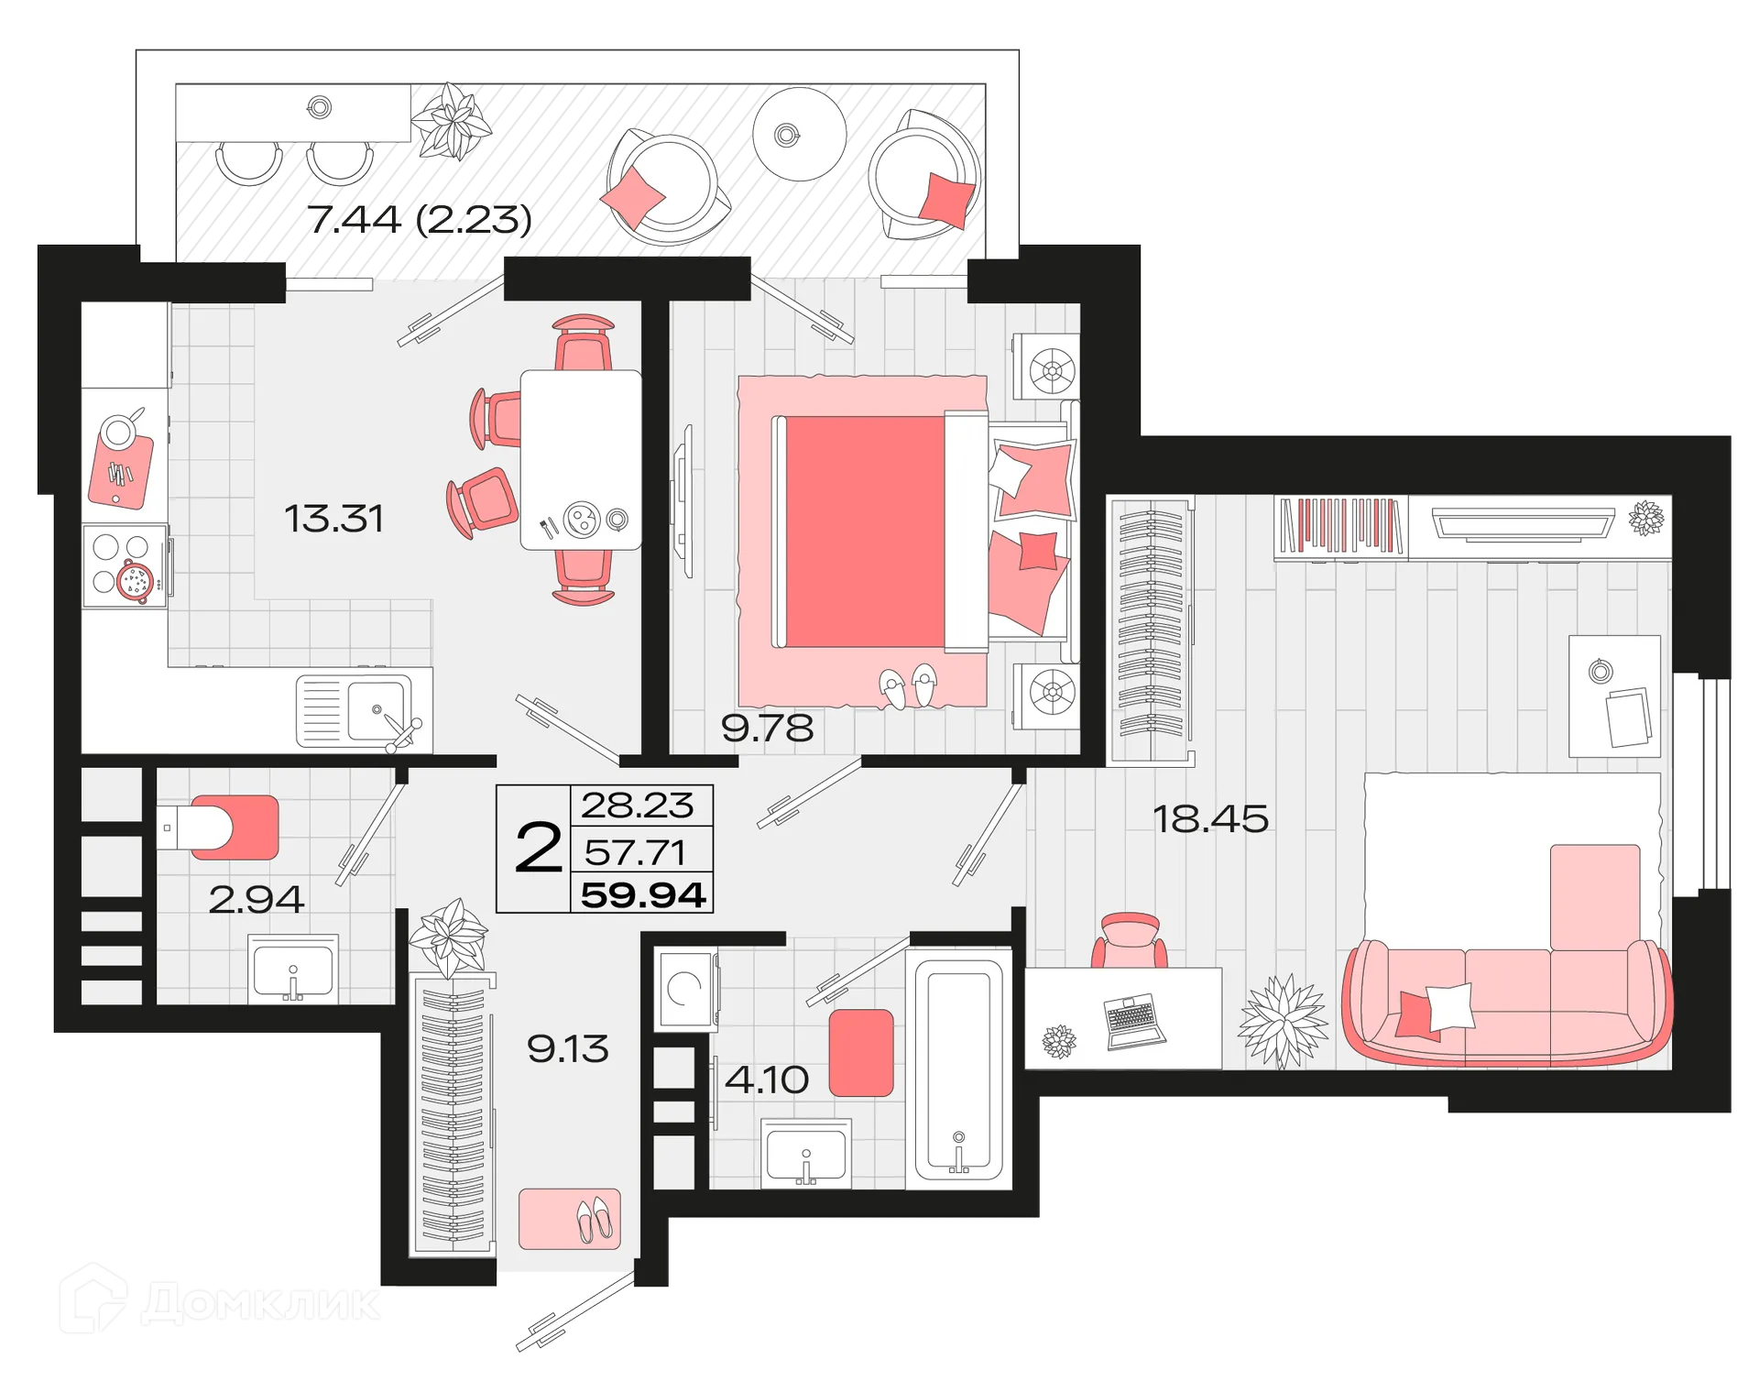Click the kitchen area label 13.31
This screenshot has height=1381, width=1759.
333,519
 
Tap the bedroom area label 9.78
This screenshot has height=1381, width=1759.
767,729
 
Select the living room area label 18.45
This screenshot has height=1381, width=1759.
1210,819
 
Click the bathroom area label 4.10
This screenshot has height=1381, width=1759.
766,1080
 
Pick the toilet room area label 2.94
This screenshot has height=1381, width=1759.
256,900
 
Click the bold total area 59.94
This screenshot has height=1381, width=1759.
643,894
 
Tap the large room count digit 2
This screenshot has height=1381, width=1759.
538,848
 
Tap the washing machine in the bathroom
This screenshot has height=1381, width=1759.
685,989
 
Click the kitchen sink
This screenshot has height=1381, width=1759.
377,710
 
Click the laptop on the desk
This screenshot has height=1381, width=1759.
1134,1021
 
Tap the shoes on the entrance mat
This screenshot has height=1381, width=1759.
594,1220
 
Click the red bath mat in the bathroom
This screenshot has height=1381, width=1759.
860,1053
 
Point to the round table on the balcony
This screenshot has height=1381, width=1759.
799,135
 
